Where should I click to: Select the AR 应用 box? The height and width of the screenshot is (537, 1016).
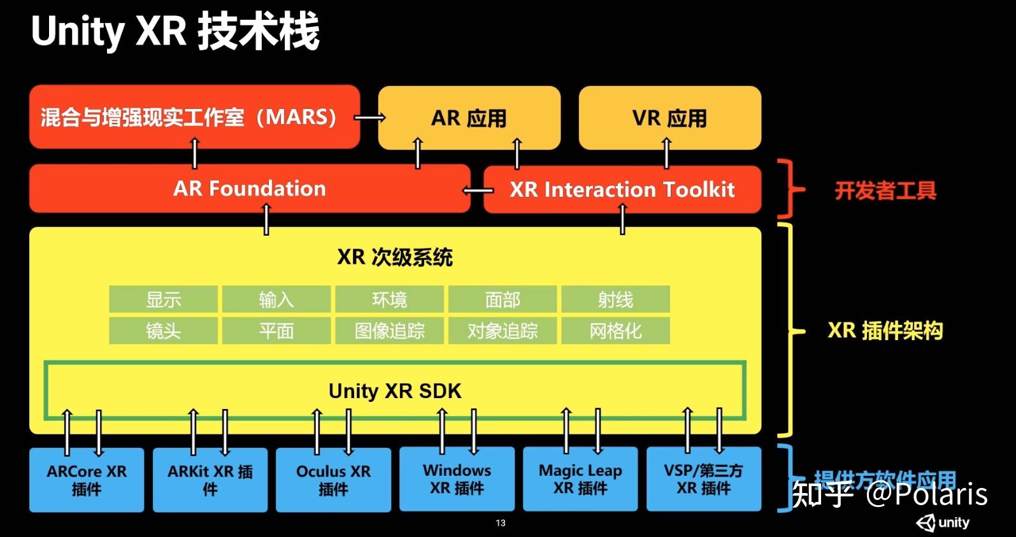point(469,118)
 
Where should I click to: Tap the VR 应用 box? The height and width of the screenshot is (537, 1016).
point(669,118)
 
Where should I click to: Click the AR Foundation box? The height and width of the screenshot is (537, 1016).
point(249,189)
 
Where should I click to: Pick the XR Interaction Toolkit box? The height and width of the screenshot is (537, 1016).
point(622,189)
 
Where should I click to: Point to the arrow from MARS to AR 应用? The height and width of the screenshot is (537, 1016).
point(369,117)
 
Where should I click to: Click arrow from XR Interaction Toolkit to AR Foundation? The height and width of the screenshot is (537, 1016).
point(477,190)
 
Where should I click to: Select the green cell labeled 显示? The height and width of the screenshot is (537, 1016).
point(163,299)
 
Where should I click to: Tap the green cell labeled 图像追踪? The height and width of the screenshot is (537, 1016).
point(389,331)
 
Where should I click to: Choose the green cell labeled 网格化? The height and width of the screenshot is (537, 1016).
point(615,331)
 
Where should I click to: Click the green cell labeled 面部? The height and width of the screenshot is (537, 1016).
point(503,299)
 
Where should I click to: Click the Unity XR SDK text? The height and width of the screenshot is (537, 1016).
point(395,390)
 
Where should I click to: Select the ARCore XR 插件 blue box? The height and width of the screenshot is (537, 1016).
point(87,480)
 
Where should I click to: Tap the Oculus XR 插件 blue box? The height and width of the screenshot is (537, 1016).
point(333,480)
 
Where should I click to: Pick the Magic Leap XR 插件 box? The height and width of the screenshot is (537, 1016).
point(580,479)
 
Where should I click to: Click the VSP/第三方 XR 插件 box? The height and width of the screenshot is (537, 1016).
point(703,479)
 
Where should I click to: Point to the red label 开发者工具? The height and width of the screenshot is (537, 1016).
point(885,190)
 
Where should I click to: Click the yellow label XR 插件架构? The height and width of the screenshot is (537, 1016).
point(885,331)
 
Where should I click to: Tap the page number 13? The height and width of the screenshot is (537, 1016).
point(501,523)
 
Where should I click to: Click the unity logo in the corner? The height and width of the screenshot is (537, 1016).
point(943,523)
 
